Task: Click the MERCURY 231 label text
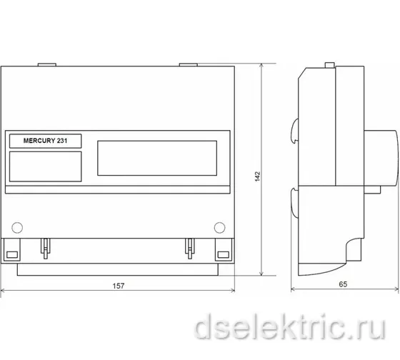[46, 141]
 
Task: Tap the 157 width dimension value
[119, 286]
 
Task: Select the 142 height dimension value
[258, 176]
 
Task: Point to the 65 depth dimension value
[343, 284]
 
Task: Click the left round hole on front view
[17, 228]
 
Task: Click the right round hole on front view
[220, 228]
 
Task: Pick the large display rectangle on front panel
[157, 158]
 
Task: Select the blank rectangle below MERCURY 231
[46, 166]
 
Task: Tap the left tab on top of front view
[47, 65]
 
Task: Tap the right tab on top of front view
[189, 65]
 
